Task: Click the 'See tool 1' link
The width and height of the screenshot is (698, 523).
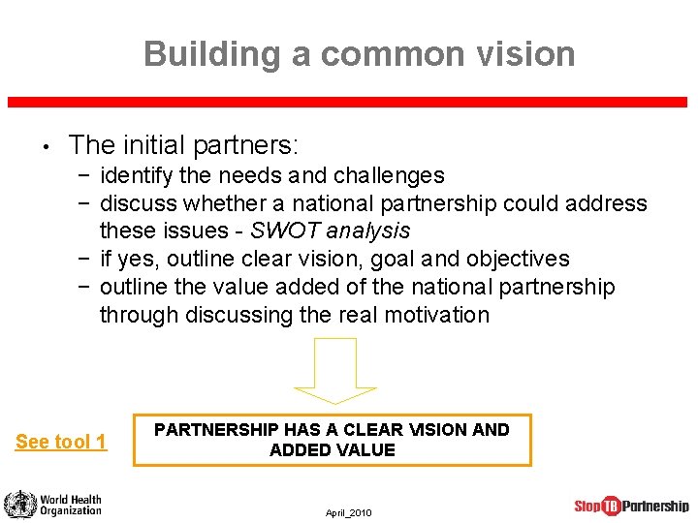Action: point(61,443)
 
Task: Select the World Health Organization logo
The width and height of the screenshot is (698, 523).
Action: point(53,505)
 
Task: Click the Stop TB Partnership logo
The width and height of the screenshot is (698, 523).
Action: point(631,506)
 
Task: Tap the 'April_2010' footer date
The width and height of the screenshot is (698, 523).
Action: point(348,512)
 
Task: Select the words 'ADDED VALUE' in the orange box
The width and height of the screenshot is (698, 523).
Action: point(332,450)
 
